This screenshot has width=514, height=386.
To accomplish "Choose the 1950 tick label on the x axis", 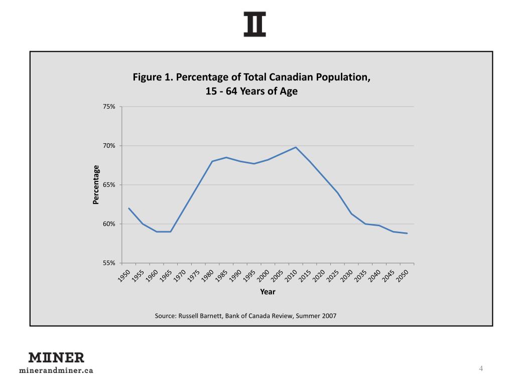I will tap(124, 276).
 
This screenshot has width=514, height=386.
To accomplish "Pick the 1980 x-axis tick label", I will tap(208, 276).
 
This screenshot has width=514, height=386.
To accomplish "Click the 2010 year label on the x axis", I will tap(292, 276).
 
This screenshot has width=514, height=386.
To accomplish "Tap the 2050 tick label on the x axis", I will tap(403, 276).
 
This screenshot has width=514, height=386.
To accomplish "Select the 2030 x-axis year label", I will tap(347, 276).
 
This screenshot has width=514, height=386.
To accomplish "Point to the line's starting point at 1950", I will tap(129, 208).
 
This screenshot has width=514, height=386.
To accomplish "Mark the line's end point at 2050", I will tap(407, 233).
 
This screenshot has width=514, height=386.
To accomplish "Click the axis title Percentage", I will tap(96, 184).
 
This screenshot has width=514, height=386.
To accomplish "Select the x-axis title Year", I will tap(268, 292).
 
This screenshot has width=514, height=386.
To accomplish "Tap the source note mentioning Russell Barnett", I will tap(245, 316).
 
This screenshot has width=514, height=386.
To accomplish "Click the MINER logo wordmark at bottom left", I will tap(56, 358).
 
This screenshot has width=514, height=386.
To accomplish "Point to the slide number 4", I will tap(481, 369).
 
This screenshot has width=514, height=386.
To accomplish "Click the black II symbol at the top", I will tap(255, 25).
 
